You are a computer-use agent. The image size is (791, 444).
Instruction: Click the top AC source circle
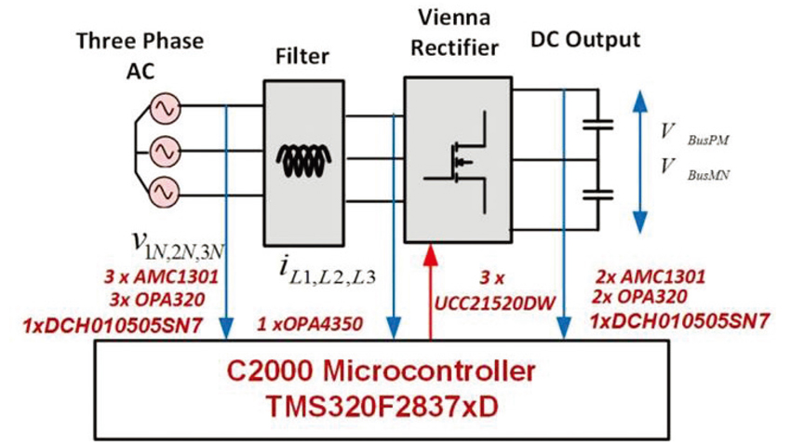(x=165, y=109)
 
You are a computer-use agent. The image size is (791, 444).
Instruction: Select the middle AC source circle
(x=165, y=151)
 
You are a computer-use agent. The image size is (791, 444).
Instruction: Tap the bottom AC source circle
(x=165, y=192)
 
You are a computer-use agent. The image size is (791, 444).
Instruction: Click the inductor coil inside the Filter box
(x=303, y=161)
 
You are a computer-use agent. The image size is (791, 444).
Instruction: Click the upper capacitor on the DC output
(x=598, y=125)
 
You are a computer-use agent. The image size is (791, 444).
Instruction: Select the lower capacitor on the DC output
(x=598, y=195)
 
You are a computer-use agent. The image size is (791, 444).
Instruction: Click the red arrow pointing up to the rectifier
(x=430, y=291)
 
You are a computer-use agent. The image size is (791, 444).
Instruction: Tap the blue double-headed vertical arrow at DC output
(x=640, y=161)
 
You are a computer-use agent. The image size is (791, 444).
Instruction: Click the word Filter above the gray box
(x=302, y=56)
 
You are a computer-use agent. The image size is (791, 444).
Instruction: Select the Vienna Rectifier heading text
(x=454, y=33)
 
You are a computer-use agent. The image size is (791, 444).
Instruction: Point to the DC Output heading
(x=585, y=39)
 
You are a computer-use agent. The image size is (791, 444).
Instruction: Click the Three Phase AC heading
(x=141, y=56)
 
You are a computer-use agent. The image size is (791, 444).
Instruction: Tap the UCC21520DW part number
(x=494, y=303)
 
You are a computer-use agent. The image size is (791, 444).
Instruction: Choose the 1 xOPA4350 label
(x=310, y=324)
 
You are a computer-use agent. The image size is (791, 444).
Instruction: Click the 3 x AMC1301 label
(x=161, y=276)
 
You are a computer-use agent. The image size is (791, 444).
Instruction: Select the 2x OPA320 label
(x=639, y=297)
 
